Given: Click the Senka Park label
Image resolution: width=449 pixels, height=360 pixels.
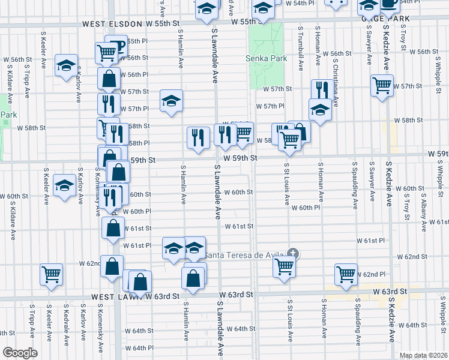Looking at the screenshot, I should pyautogui.click(x=266, y=59).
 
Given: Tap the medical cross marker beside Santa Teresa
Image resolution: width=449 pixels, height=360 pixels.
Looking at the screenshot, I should pyautogui.click(x=293, y=254).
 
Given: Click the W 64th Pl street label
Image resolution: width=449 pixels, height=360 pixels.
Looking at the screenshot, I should pyautogui.click(x=131, y=347).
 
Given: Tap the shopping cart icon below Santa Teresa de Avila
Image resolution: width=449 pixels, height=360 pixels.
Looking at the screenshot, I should pyautogui.click(x=284, y=266).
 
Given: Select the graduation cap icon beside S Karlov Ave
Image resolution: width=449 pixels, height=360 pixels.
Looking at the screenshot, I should pyautogui.click(x=65, y=65).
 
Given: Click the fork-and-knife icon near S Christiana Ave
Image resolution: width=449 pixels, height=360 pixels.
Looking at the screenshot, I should pyautogui.click(x=320, y=90).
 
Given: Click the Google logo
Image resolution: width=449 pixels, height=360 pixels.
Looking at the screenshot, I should pyautogui.click(x=20, y=353).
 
